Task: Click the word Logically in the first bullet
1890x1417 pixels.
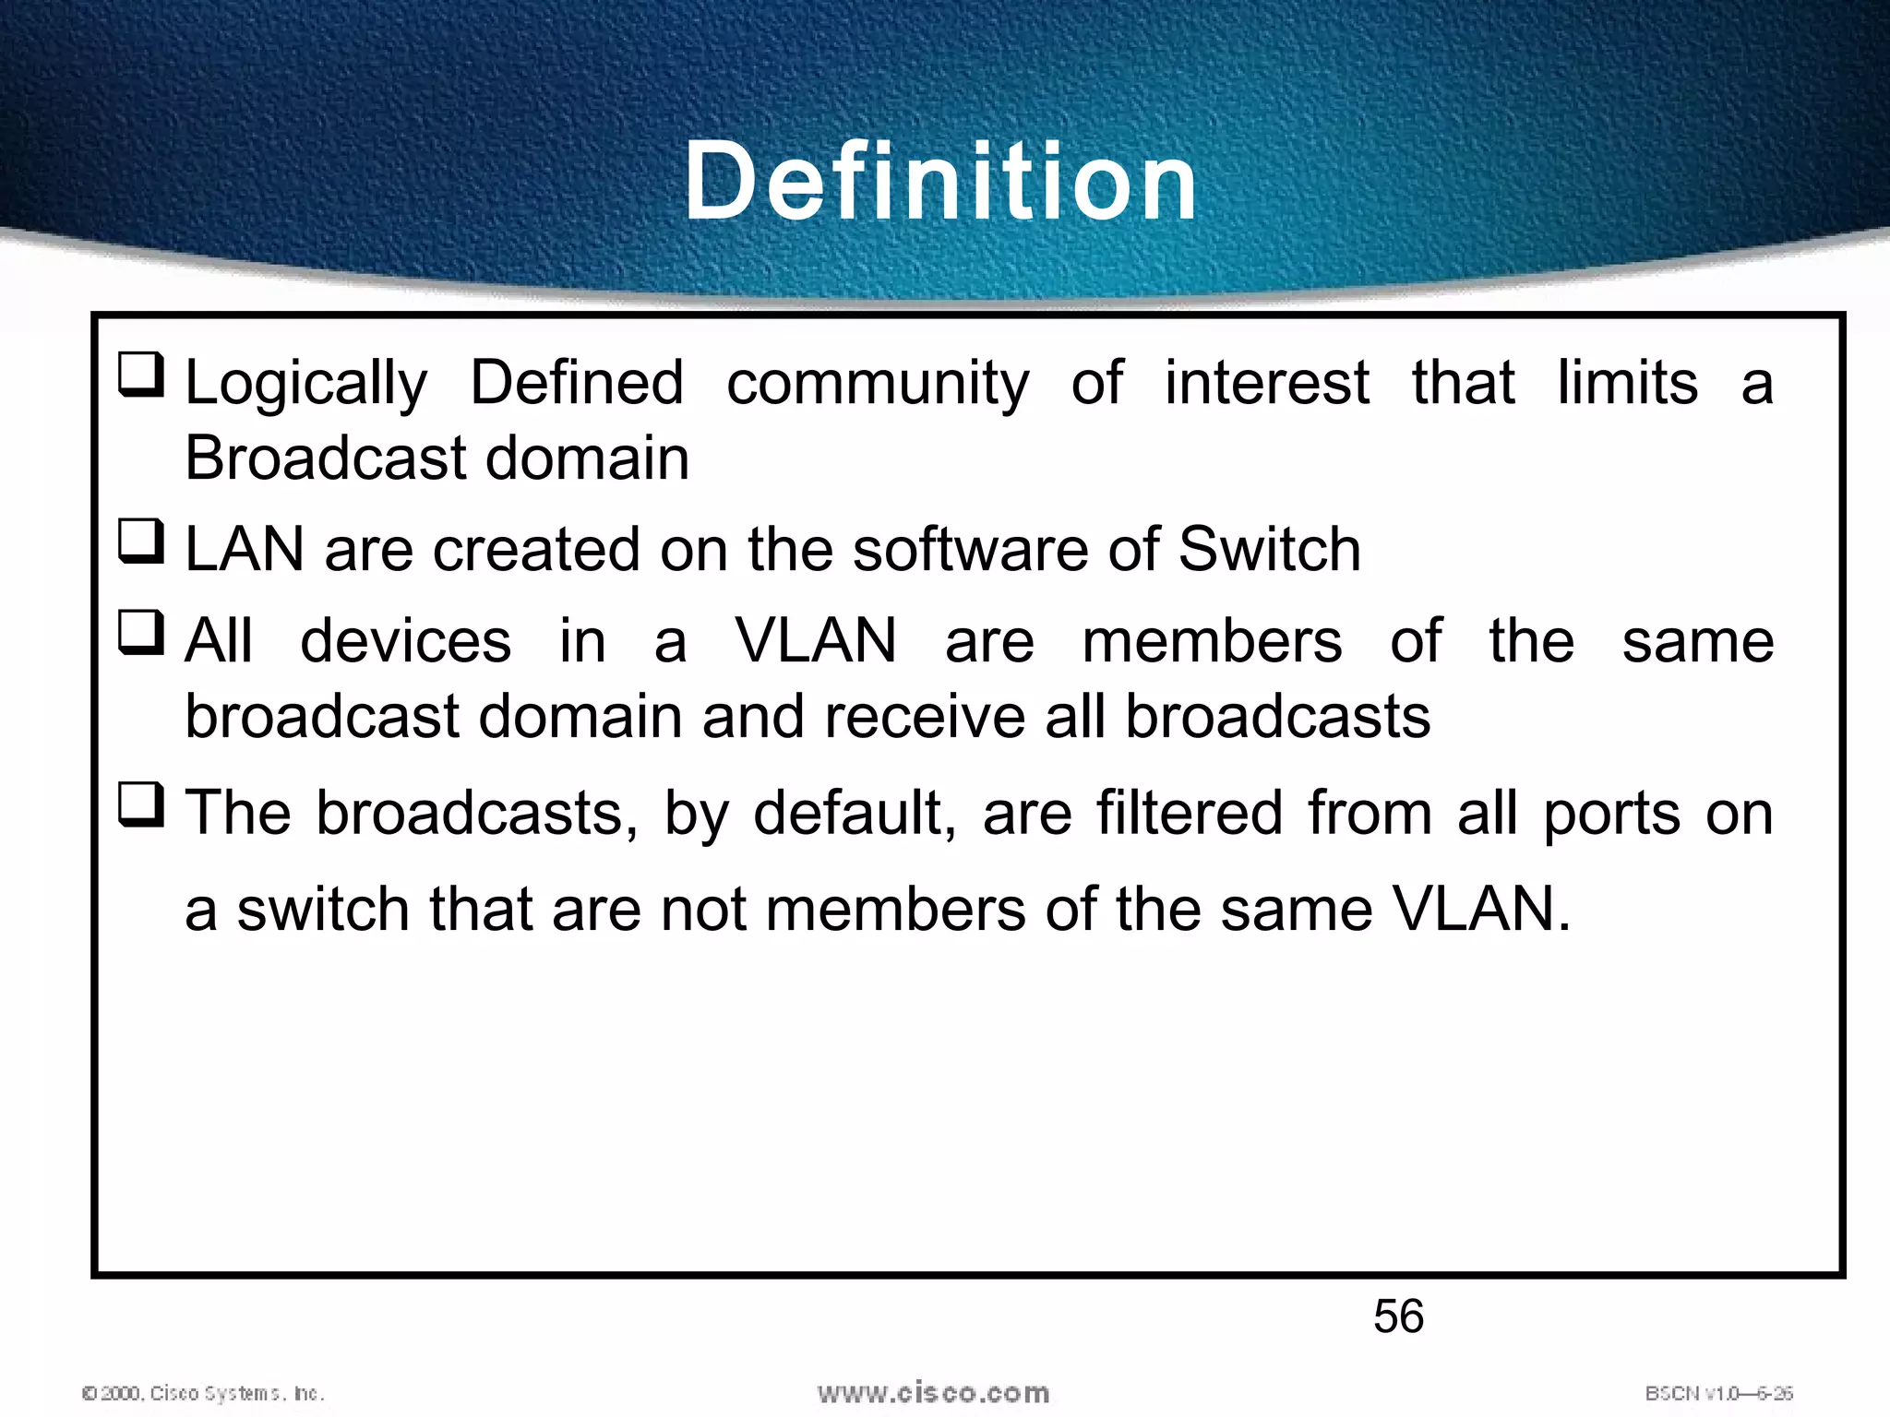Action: click(x=306, y=384)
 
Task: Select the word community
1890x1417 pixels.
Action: click(x=878, y=384)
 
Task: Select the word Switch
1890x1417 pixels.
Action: click(x=1270, y=549)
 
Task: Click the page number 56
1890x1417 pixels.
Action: click(x=1398, y=1316)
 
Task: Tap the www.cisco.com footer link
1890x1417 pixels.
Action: click(x=933, y=1392)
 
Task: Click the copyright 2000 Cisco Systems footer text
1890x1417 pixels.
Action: click(x=203, y=1393)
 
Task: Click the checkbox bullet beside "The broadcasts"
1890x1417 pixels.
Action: click(x=141, y=804)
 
